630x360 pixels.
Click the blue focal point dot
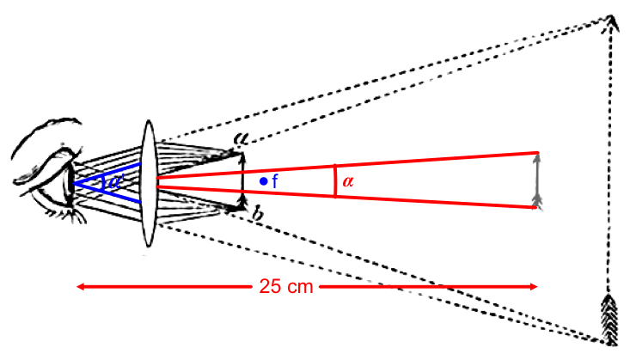[264, 180]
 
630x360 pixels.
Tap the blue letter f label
[274, 181]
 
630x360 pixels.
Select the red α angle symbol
[346, 182]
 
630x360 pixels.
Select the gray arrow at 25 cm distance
[537, 180]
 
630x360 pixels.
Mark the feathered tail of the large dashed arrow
[610, 318]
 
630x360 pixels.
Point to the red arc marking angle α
[333, 181]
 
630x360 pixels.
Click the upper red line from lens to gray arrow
[344, 168]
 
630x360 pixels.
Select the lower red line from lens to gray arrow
[344, 196]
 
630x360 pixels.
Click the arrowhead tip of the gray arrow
[537, 155]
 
